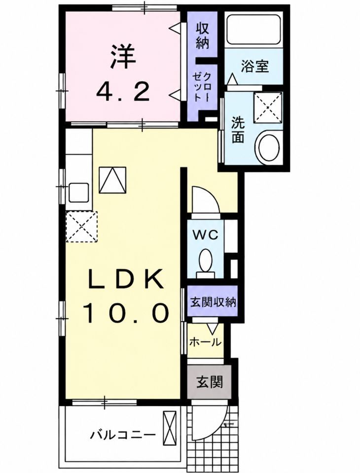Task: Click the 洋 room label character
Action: click(x=123, y=57)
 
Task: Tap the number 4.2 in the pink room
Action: click(x=123, y=92)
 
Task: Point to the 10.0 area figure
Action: click(x=126, y=313)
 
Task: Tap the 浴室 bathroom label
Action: click(x=254, y=66)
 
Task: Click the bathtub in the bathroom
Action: click(x=254, y=30)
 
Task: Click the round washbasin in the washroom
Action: click(x=268, y=147)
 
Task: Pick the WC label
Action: click(x=205, y=235)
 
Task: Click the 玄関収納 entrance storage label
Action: click(x=213, y=302)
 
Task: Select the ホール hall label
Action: click(x=205, y=342)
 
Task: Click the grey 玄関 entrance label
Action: click(x=210, y=381)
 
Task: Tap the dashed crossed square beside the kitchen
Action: click(x=81, y=227)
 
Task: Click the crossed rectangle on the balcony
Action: click(x=169, y=426)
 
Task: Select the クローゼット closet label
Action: click(x=203, y=88)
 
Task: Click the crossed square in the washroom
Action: click(x=268, y=107)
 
